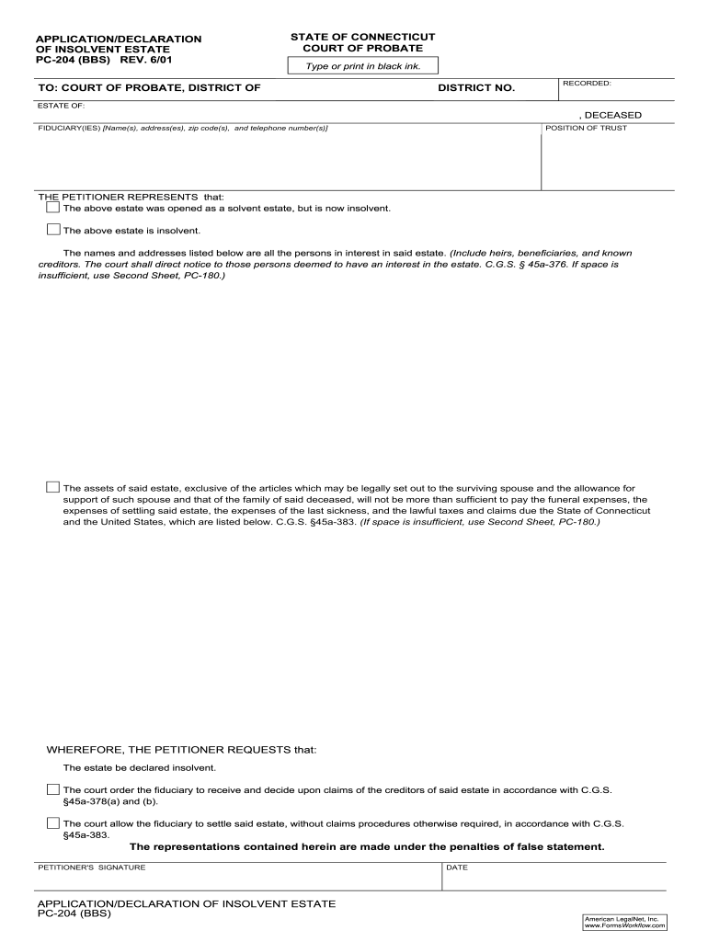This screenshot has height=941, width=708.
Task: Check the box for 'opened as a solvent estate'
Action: point(52,208)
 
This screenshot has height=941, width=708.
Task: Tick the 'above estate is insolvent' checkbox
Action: point(52,230)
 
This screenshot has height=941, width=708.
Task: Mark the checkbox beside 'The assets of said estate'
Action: point(52,487)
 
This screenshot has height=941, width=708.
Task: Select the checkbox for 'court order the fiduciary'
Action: point(52,789)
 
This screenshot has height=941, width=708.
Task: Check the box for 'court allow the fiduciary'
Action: point(52,823)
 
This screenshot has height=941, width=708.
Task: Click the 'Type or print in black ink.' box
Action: point(362,66)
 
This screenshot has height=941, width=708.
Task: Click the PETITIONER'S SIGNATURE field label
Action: point(91,867)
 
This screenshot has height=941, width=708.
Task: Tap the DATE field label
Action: point(457,867)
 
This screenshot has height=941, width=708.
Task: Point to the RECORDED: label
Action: point(587,83)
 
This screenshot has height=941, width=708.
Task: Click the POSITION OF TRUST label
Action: point(586,128)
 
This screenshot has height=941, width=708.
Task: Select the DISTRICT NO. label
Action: point(476,88)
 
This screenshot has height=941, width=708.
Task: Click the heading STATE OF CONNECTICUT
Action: point(362,37)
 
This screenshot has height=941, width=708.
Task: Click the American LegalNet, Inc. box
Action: point(625,922)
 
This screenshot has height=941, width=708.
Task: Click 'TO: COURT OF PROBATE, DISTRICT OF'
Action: point(149,88)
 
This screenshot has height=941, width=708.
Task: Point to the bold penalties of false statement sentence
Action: point(367,846)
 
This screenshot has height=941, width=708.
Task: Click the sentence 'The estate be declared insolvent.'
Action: point(139,767)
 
